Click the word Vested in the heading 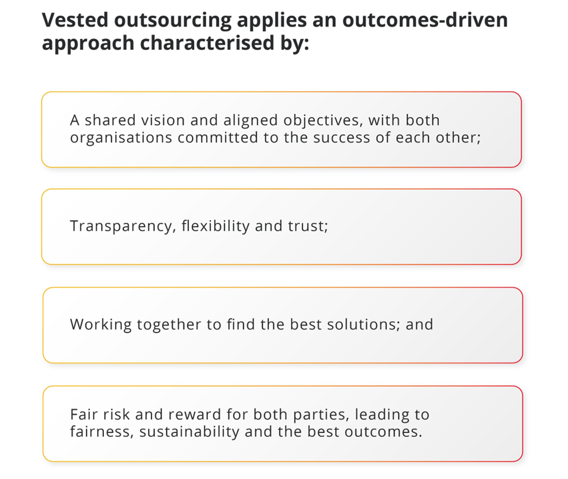tap(75, 20)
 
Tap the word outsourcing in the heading tap(173, 21)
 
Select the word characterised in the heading tap(207, 43)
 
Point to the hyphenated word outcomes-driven tap(425, 20)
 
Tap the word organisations tap(121, 138)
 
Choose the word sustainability tap(190, 432)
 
